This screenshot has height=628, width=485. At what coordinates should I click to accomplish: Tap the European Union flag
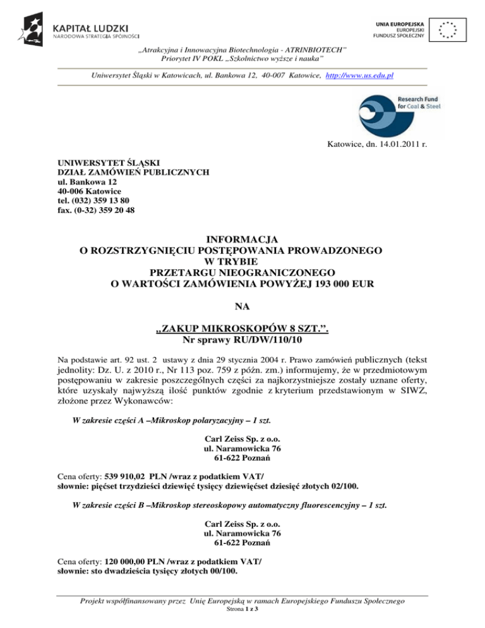pyautogui.click(x=448, y=28)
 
